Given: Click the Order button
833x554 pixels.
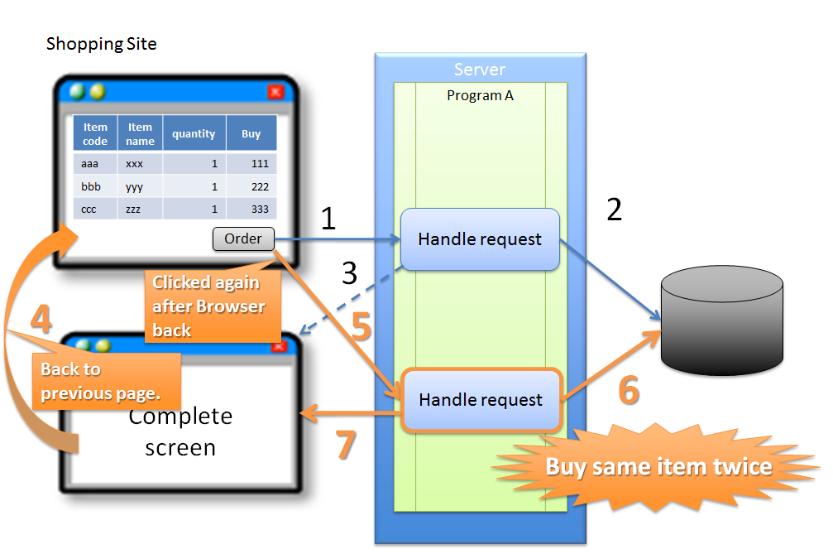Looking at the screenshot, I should [x=243, y=239].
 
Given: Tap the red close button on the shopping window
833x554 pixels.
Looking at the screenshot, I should [x=276, y=92].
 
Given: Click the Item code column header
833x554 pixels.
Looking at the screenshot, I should [x=95, y=134].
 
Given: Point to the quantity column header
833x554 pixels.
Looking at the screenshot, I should [x=194, y=134].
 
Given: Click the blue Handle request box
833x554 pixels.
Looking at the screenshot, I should [x=480, y=239].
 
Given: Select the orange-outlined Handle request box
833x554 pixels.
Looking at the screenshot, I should [x=481, y=400].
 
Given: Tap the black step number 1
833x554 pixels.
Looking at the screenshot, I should [x=328, y=219].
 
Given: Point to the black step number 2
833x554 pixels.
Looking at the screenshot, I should [x=614, y=210].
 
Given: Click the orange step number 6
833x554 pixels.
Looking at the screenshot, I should [x=629, y=390].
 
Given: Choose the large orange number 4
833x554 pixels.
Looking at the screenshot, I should [x=41, y=320].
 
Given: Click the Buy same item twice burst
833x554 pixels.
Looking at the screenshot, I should [x=658, y=466].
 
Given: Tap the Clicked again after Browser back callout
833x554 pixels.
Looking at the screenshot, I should [x=209, y=306].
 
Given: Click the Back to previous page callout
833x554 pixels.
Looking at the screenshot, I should [x=100, y=381].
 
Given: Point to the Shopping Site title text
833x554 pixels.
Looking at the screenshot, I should [x=101, y=44].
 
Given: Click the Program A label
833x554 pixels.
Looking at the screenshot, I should [x=480, y=95].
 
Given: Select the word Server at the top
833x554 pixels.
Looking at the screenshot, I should [x=480, y=70].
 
